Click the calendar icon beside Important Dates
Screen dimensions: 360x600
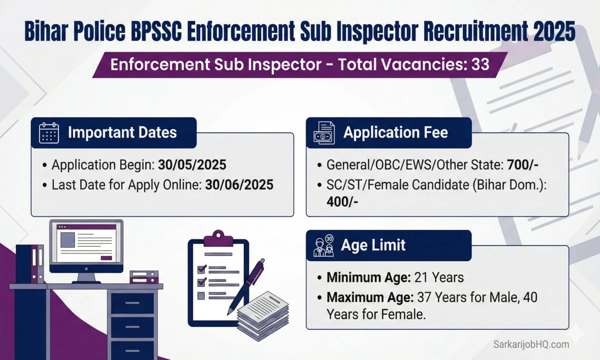[x=48, y=132]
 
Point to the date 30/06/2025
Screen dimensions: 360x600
[x=239, y=184]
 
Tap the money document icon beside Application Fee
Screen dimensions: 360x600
[x=323, y=133]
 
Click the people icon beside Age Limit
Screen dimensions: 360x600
[x=323, y=245]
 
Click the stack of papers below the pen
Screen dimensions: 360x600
[x=263, y=313]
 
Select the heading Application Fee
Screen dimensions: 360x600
[x=395, y=132]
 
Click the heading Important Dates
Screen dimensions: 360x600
[x=122, y=132]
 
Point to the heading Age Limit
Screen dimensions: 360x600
[x=373, y=245]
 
